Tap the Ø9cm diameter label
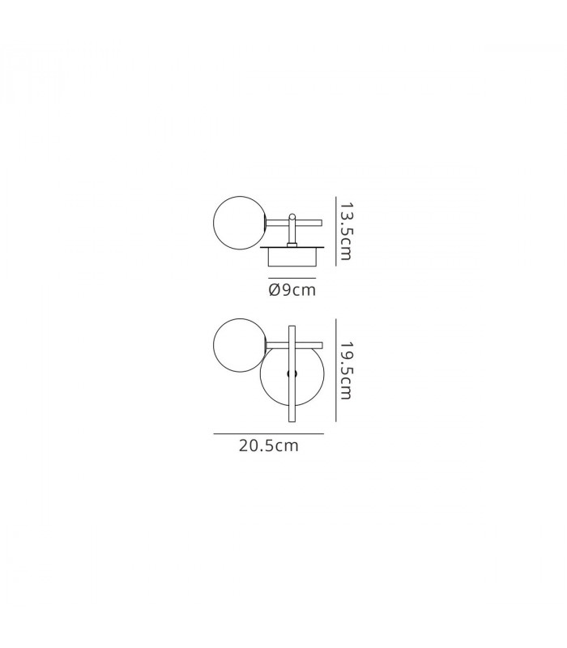click(x=292, y=290)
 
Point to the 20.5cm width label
click(x=269, y=446)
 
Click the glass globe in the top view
click(x=239, y=223)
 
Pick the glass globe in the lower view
click(x=239, y=345)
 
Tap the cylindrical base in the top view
click(x=292, y=258)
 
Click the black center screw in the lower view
click(x=292, y=374)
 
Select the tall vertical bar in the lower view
click(x=292, y=373)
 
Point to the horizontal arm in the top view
click(x=294, y=223)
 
